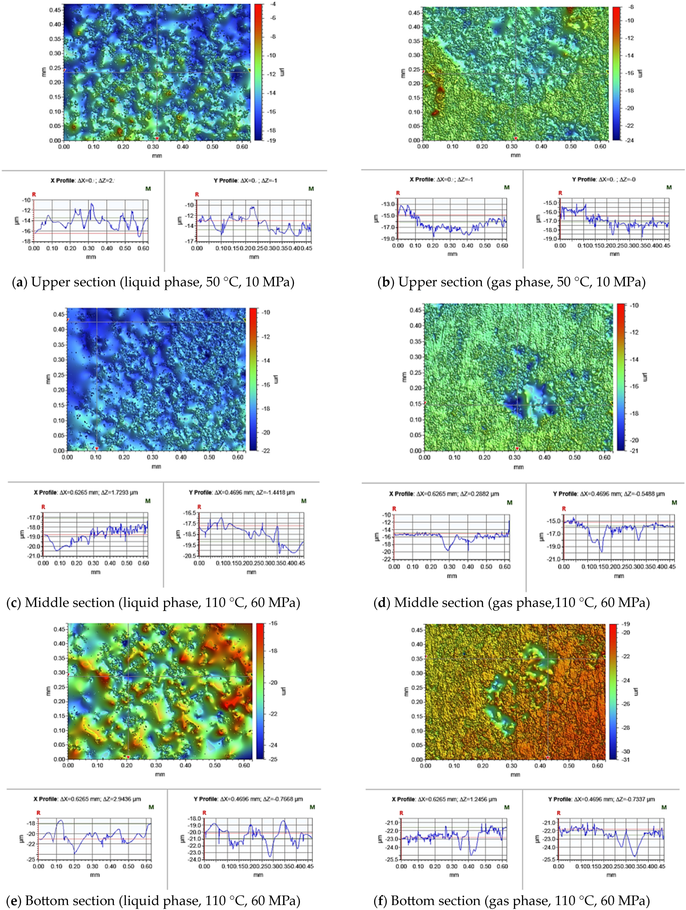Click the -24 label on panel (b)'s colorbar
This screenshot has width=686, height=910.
[x=630, y=140]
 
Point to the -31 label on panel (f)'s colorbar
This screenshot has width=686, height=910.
[x=626, y=759]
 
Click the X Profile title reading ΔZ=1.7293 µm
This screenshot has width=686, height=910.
[x=86, y=492]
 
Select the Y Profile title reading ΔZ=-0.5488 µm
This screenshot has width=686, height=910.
[x=609, y=494]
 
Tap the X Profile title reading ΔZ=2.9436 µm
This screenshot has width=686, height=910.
[x=87, y=799]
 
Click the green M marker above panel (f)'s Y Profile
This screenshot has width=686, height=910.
[x=664, y=807]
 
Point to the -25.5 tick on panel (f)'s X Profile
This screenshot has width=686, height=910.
[x=392, y=859]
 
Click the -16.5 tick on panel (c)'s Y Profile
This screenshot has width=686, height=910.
[x=189, y=513]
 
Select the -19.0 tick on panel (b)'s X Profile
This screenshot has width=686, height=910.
[x=388, y=239]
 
